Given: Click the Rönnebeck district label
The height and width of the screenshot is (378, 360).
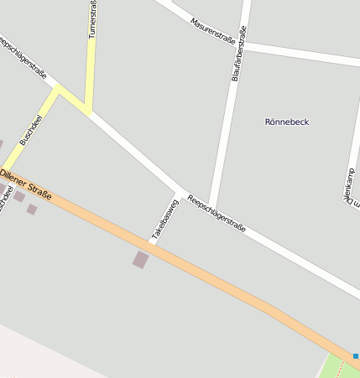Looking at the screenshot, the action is (286, 122).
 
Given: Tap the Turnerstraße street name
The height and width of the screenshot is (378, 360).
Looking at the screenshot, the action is (92, 18).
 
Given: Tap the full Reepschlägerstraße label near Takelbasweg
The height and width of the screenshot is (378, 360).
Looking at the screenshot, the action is (217, 213).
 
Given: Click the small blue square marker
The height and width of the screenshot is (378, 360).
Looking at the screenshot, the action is (356, 356).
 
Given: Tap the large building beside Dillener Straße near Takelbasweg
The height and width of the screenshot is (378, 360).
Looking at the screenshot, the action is (140, 260).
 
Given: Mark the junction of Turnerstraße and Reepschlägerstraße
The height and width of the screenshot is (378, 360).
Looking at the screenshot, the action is (87, 111).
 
